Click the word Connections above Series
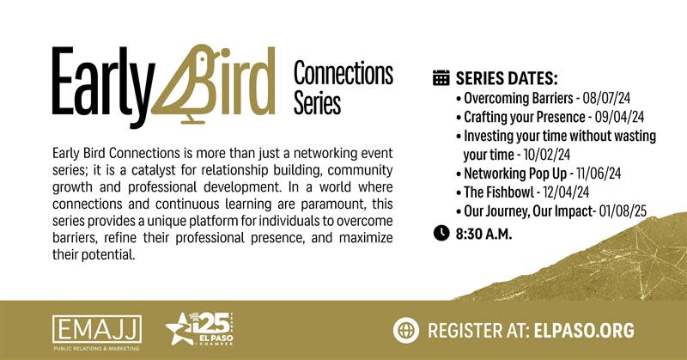point(343,74)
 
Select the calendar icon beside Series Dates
point(441,77)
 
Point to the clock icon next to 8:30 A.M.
point(441,233)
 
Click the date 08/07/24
point(606,98)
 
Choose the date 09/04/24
point(619,117)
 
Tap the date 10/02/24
point(547,155)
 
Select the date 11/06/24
point(599,174)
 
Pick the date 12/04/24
point(566,192)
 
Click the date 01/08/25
point(623,211)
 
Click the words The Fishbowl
point(499,192)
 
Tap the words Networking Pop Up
point(515,174)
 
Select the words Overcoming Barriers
point(519,99)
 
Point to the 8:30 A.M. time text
point(483,234)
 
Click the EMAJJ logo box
point(97,330)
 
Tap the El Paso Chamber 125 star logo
point(199,328)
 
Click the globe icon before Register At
point(405,330)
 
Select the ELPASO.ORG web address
point(584,331)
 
